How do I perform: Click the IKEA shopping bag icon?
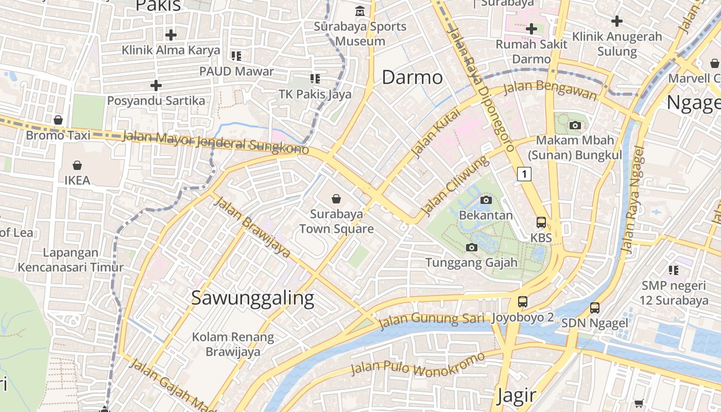click(x=77, y=165)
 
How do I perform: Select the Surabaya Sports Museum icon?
click(x=360, y=11)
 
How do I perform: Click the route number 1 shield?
click(x=524, y=174)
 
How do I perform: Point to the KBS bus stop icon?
click(x=541, y=222)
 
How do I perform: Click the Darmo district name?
click(x=412, y=77)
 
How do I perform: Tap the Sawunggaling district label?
click(x=252, y=298)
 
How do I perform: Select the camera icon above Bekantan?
click(x=486, y=200)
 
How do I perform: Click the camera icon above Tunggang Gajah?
click(x=471, y=248)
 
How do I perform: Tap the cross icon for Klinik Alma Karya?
click(x=171, y=35)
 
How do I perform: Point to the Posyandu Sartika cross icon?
click(x=156, y=85)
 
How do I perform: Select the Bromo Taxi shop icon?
click(x=58, y=120)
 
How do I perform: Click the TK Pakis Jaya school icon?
click(x=315, y=79)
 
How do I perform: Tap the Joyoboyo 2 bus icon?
click(x=523, y=302)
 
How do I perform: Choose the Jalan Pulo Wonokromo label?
click(x=417, y=364)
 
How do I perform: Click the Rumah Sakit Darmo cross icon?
click(x=531, y=29)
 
